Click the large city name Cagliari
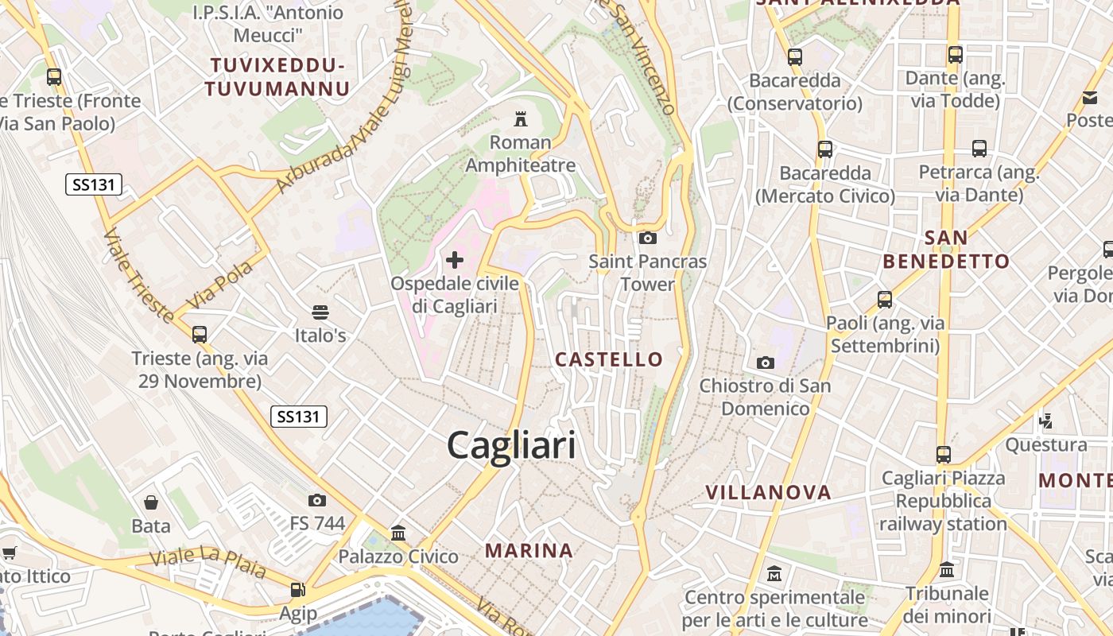[x=511, y=444]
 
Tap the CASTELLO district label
[x=609, y=359]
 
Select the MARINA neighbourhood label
[x=529, y=550]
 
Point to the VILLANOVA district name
[x=769, y=493]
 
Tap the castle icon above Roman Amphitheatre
[x=521, y=119]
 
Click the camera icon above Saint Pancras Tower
[x=647, y=238]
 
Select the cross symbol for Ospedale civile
[x=455, y=260]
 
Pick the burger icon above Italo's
[x=320, y=312]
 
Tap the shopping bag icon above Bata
[x=150, y=502]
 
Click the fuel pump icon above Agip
[x=298, y=590]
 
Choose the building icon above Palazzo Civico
[x=398, y=533]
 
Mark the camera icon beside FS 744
[x=317, y=500]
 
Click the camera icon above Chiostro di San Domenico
[x=765, y=363]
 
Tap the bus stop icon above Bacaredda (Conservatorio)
[x=794, y=56]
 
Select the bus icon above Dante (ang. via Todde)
[x=956, y=55]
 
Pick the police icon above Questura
[x=1046, y=421]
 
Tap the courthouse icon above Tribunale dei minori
[x=947, y=570]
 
